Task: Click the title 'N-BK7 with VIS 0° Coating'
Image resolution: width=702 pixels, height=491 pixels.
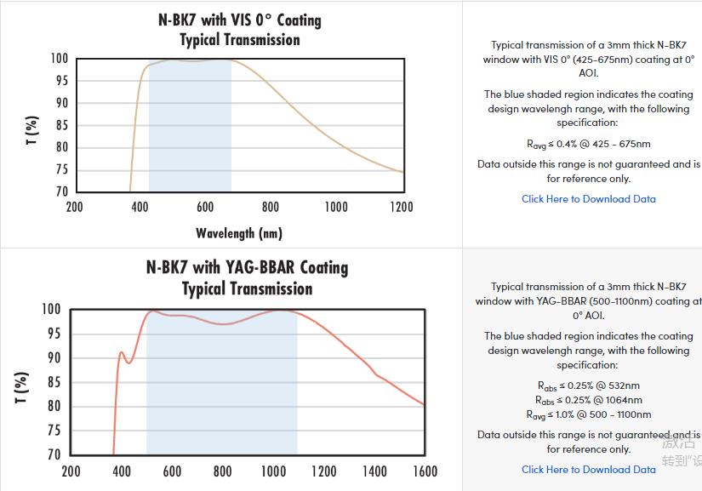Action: click(x=239, y=20)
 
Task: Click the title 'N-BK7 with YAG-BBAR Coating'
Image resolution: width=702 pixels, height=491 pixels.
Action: click(x=247, y=267)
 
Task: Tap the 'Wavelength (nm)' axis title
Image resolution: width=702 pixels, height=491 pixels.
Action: click(x=239, y=232)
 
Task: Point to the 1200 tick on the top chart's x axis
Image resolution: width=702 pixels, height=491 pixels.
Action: click(x=401, y=207)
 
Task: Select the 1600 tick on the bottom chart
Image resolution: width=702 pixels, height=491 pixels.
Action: click(x=424, y=471)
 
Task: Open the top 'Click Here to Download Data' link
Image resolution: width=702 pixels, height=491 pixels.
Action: click(x=588, y=199)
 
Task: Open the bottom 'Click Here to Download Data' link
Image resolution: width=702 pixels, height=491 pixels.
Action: click(x=588, y=469)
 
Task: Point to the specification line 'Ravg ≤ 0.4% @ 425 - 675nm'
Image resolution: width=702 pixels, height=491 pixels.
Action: click(x=588, y=144)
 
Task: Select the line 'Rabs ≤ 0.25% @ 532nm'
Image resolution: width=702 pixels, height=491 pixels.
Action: click(x=588, y=385)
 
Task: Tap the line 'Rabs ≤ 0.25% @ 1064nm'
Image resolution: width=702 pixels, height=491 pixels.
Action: click(x=588, y=400)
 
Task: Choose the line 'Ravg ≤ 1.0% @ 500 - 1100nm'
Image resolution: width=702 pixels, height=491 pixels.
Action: click(x=588, y=414)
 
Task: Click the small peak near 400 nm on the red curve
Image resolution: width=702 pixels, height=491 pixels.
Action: click(x=121, y=352)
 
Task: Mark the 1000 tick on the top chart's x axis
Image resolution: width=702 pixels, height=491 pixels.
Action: click(x=335, y=207)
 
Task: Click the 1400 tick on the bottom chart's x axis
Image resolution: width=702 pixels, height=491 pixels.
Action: click(x=374, y=471)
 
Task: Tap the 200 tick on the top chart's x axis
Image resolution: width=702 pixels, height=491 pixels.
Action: click(x=74, y=207)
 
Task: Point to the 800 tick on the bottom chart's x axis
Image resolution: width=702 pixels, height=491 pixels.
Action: click(x=222, y=471)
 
